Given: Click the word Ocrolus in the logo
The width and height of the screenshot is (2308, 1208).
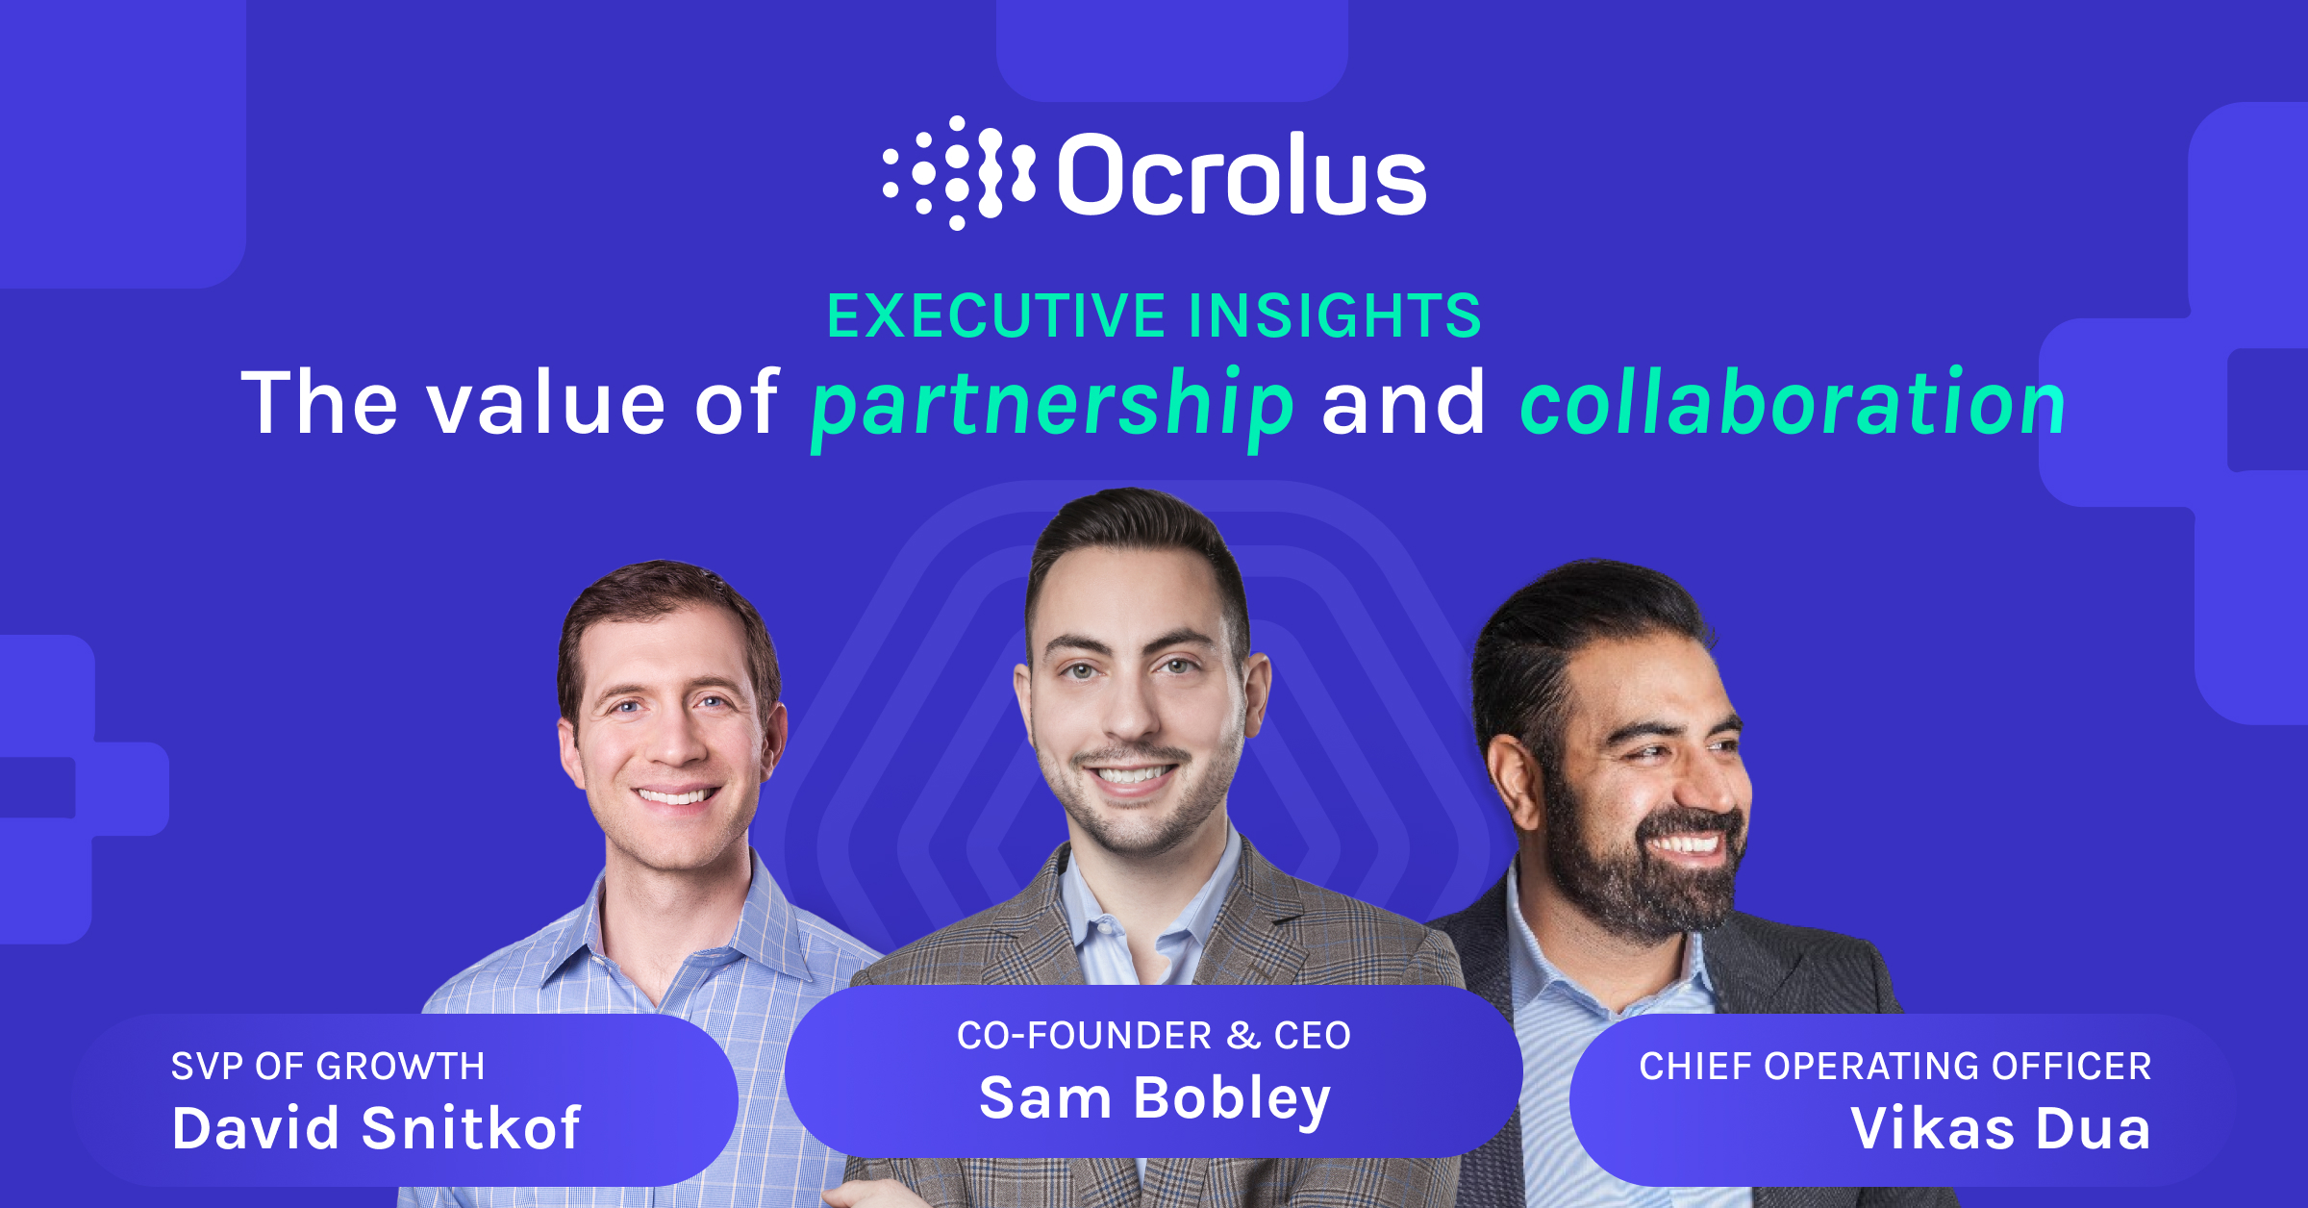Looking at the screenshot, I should click(1242, 174).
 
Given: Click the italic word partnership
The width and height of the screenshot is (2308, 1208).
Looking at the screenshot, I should click(1052, 404).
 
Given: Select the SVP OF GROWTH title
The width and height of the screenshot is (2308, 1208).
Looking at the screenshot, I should click(328, 1066).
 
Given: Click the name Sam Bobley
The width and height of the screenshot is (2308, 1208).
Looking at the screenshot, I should click(1155, 1097).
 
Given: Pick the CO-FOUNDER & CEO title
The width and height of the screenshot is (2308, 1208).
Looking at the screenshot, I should click(1154, 1035).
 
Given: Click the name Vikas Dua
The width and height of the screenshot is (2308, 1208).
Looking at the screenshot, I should click(2000, 1127).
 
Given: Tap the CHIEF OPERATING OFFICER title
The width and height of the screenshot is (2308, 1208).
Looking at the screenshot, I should click(1894, 1066).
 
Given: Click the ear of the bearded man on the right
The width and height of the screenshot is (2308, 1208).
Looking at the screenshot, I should click(1515, 779).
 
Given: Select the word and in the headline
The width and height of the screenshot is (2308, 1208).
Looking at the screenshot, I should click(1403, 404).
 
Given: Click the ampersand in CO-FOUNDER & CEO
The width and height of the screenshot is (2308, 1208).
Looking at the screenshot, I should click(1242, 1036).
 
